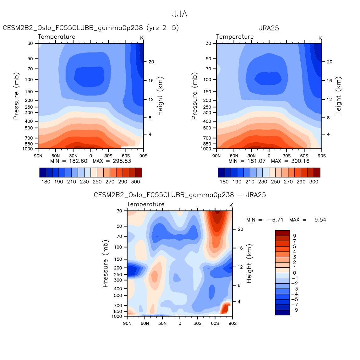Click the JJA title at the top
(180, 14)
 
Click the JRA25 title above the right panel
(269, 28)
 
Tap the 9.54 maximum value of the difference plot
(320, 220)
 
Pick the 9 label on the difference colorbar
(294, 236)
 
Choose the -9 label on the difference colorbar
(294, 310)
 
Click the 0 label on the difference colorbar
(294, 273)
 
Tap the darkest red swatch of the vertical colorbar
(282, 233)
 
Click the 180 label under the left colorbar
(46, 182)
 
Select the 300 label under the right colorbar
(314, 182)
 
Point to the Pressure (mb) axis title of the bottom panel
(105, 264)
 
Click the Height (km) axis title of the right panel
(338, 96)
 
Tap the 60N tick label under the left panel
(56, 155)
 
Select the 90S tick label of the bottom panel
(232, 323)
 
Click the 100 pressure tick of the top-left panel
(29, 79)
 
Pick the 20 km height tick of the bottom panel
(240, 229)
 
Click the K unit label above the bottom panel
(231, 205)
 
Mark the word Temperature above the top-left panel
(57, 37)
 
